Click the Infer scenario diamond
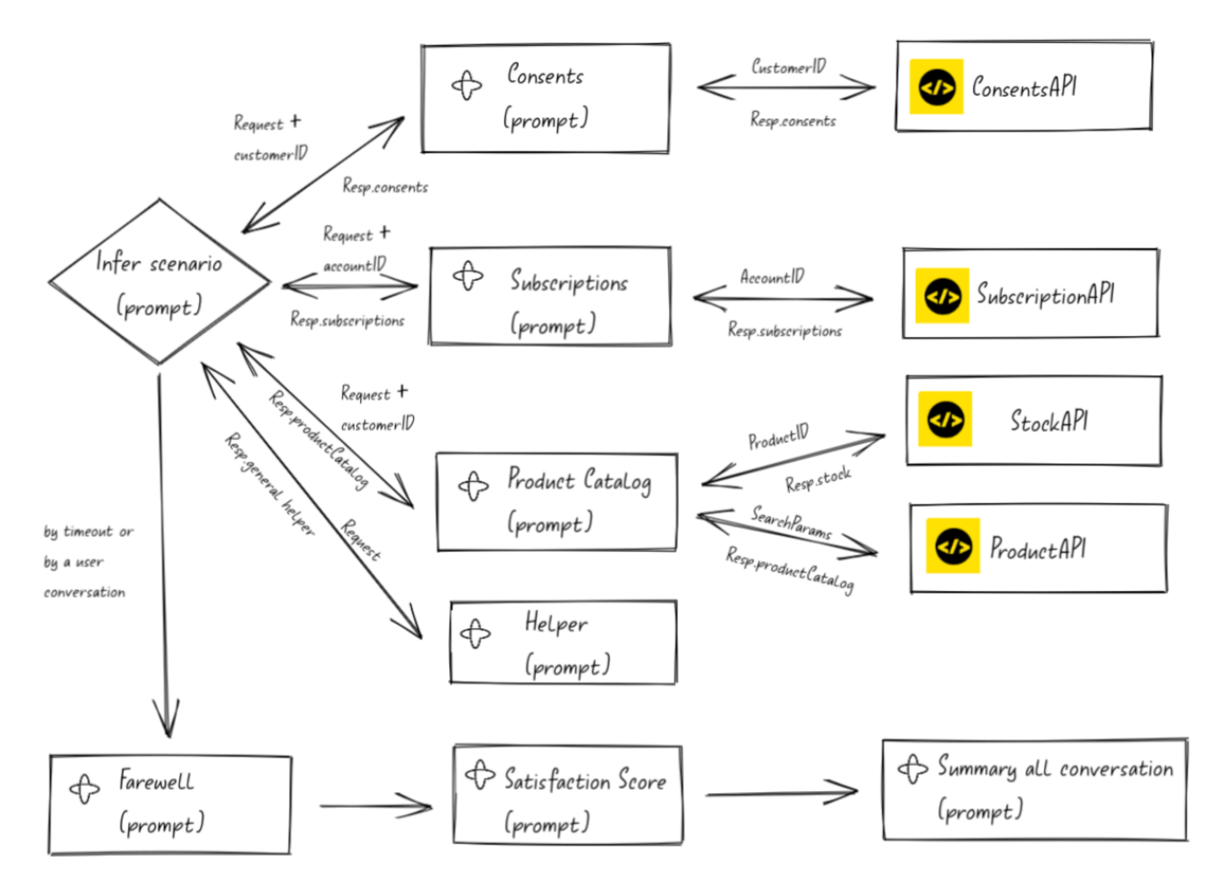click(159, 282)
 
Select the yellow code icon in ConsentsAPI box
click(936, 87)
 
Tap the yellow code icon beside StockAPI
click(945, 419)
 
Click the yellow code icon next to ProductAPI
click(952, 546)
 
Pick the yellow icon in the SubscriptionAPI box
click(942, 296)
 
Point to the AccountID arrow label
click(772, 276)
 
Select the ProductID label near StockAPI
click(778, 437)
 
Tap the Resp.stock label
click(817, 480)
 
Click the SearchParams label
click(791, 522)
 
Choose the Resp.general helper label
click(269, 484)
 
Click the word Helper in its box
click(556, 623)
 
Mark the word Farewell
click(156, 781)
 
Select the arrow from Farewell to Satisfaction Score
click(376, 806)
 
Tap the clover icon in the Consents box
click(466, 86)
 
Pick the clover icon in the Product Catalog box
click(473, 486)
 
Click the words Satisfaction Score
click(585, 781)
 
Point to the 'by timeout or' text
click(88, 532)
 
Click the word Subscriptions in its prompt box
click(569, 282)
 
